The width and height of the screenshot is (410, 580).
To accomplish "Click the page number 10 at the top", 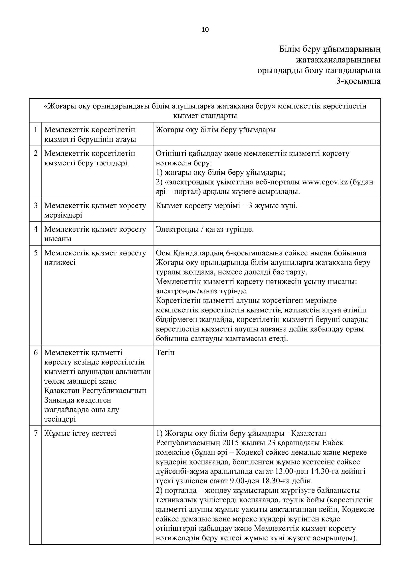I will coord(205,30).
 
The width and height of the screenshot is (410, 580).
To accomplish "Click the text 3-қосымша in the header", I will coord(358,81).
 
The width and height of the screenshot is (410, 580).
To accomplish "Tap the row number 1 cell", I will coord(36,130).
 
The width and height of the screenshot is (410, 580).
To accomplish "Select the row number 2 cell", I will coord(36,153).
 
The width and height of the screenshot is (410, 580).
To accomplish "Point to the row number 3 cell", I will coord(36,206).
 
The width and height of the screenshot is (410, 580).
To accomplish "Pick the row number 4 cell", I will coord(36,229).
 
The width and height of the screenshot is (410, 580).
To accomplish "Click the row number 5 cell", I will coord(36,253).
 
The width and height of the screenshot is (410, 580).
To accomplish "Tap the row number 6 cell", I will coord(36,353).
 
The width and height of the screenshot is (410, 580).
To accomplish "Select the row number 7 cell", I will coord(36,433).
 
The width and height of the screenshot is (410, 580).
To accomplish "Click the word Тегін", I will coord(165,353).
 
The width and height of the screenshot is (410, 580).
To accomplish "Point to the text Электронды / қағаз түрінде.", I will coord(205,229).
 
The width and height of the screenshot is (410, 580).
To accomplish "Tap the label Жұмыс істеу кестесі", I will coord(80,433).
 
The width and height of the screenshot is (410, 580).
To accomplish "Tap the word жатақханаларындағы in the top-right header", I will coord(338,60).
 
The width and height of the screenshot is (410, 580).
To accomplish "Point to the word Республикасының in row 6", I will coord(114,391).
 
